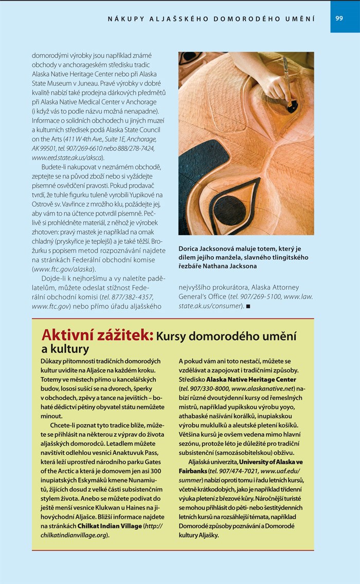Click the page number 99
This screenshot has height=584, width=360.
(x=339, y=18)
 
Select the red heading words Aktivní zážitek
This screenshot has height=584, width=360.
(x=97, y=335)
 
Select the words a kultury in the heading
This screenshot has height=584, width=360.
(x=65, y=350)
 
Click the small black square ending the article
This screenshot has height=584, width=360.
(x=248, y=307)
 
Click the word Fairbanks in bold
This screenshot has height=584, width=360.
(x=192, y=471)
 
